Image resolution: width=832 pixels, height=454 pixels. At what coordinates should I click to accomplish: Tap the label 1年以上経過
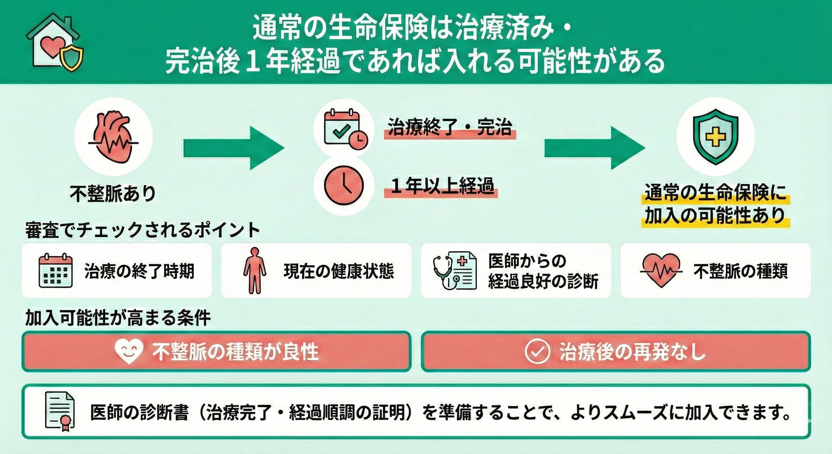click(x=441, y=187)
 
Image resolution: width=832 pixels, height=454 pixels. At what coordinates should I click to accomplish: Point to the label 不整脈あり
click(x=113, y=194)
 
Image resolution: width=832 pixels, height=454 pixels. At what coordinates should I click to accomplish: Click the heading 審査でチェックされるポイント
click(x=142, y=230)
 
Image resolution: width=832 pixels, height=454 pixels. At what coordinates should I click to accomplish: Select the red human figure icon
click(x=255, y=271)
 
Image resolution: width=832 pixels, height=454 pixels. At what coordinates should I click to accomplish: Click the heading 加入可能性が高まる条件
click(x=118, y=318)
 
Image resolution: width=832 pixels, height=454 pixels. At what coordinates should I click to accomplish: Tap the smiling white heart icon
click(x=129, y=351)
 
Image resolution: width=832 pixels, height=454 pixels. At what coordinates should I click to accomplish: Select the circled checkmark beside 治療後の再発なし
click(x=537, y=351)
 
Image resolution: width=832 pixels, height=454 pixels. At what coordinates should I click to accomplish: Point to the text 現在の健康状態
click(x=339, y=271)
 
